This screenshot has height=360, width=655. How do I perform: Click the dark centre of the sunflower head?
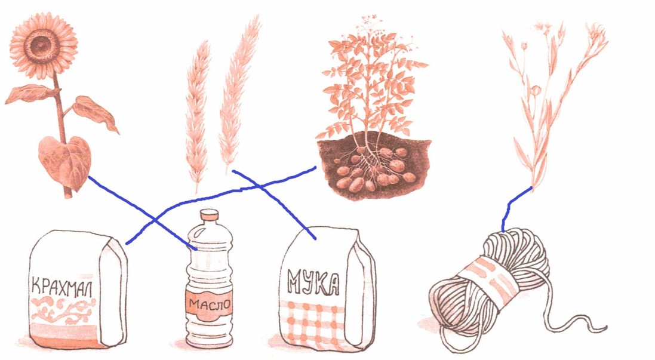(x=41, y=44)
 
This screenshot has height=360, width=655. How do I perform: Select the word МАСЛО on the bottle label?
(x=209, y=304)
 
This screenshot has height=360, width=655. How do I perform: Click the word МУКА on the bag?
(x=313, y=282)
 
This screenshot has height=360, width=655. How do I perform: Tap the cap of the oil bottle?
(x=209, y=215)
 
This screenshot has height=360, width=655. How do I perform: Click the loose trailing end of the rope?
(x=576, y=322)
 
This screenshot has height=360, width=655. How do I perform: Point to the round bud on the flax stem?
(x=536, y=89)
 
